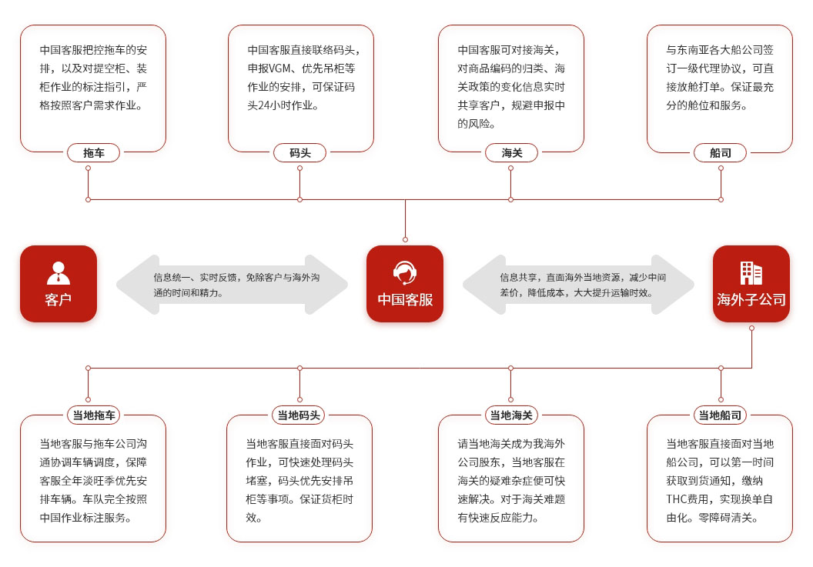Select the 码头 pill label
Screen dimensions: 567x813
(299, 152)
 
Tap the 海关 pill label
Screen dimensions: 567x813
(511, 152)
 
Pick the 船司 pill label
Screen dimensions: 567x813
(721, 152)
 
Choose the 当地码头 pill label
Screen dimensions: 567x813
(299, 415)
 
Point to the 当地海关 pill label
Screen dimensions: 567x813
(511, 415)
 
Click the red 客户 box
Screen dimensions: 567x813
(59, 283)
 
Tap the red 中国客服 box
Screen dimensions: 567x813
(405, 283)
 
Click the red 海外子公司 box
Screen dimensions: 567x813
(751, 283)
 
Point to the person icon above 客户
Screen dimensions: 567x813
(59, 273)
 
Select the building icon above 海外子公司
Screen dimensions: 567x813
(751, 273)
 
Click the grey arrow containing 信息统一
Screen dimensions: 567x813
(232, 285)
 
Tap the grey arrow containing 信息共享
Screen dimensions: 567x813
(578, 285)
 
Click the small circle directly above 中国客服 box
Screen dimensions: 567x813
(405, 239)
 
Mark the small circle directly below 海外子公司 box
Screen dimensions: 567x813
(751, 328)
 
